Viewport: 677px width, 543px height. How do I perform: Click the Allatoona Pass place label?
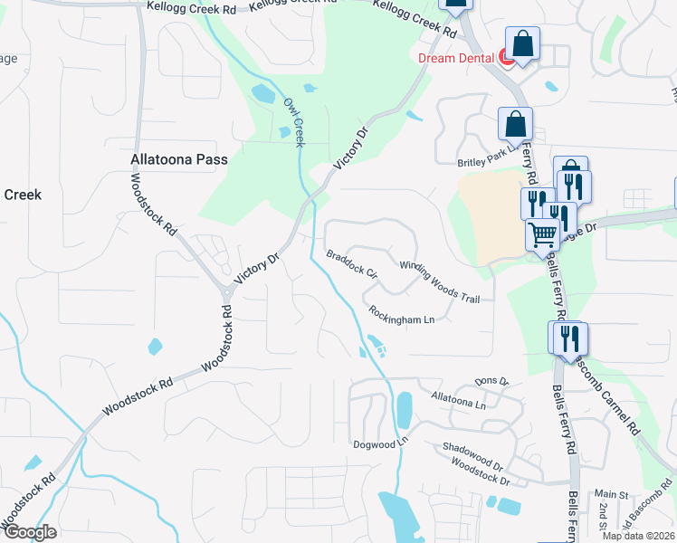pos(178,159)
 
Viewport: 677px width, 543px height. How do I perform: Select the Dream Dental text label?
pos(456,58)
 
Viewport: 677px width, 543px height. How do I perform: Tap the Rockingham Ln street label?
pos(402,315)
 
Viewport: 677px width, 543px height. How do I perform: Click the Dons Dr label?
pos(492,383)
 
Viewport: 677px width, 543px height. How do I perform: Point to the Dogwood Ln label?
pos(381,443)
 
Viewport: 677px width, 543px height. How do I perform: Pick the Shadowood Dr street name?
pos(472,454)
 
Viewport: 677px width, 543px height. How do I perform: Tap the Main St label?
pos(611,495)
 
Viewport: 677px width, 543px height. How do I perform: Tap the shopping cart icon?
pos(542,234)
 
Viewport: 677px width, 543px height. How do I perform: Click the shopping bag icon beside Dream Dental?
pos(523,43)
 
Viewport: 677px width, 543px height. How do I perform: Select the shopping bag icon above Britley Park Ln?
pos(515,123)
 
